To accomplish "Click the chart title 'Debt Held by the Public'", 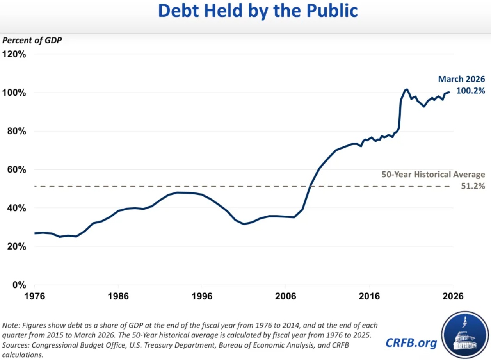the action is (x=258, y=11).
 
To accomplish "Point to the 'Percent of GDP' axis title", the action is (x=32, y=40).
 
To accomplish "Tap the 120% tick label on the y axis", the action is (x=14, y=54).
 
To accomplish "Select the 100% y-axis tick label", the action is (x=14, y=93).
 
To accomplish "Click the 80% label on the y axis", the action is (x=17, y=131).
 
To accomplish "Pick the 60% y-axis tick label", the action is (x=17, y=169).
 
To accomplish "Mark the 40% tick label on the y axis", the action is (x=17, y=208).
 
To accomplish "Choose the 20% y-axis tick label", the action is (x=17, y=246).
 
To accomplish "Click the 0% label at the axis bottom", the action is (x=19, y=285).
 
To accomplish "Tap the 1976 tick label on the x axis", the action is (x=35, y=296).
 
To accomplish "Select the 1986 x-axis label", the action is (x=118, y=296).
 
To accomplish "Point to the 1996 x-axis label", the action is (x=202, y=296).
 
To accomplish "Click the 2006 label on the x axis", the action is (x=286, y=296).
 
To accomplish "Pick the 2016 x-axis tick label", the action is (x=369, y=296).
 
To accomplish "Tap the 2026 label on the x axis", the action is (x=453, y=296).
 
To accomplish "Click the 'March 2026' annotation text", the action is (x=462, y=79).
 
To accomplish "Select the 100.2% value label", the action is (x=471, y=91).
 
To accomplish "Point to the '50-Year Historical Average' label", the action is (x=433, y=175).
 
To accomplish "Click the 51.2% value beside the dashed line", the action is (x=473, y=186).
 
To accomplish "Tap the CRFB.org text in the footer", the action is (x=411, y=343).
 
